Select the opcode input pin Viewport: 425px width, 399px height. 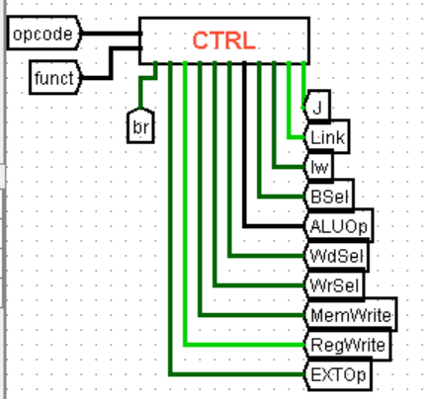coord(42,36)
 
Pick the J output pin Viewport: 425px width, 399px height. coord(316,106)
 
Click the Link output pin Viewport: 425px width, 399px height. coord(325,135)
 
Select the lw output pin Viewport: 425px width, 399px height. coord(318,166)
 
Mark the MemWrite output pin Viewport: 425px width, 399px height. coord(347,315)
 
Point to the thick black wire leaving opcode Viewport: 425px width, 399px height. coord(109,36)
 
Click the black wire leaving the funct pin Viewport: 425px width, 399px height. coord(96,77)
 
